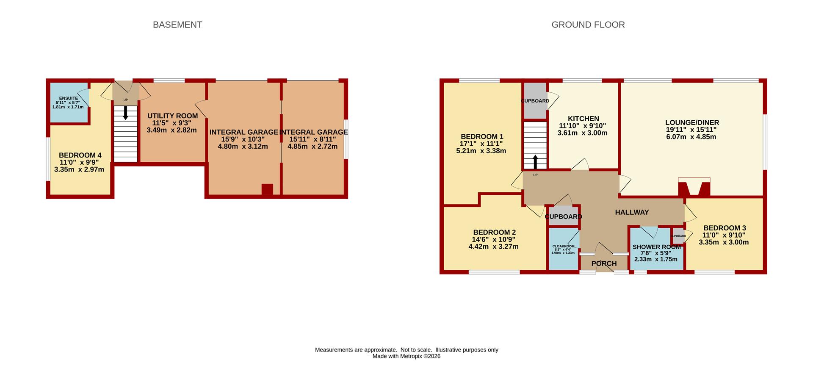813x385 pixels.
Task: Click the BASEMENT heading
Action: (x=177, y=25)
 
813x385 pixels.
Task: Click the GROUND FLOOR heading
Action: (x=588, y=25)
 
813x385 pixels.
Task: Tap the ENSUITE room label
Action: (x=69, y=98)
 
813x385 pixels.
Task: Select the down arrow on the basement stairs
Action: (x=125, y=112)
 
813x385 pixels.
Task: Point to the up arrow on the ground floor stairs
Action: (x=535, y=162)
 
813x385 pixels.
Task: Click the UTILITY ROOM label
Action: (x=172, y=116)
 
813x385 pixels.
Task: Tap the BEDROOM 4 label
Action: (x=80, y=155)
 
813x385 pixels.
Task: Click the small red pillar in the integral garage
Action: (x=267, y=189)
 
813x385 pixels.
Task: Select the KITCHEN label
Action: (x=583, y=119)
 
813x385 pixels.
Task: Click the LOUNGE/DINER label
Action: (x=692, y=123)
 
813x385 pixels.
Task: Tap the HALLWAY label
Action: (x=632, y=212)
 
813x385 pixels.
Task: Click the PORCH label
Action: (x=604, y=263)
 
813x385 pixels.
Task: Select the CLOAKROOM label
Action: (x=563, y=246)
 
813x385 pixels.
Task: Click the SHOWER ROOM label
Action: (x=656, y=247)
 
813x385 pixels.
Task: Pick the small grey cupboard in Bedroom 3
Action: (x=678, y=236)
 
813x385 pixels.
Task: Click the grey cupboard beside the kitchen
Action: (x=535, y=101)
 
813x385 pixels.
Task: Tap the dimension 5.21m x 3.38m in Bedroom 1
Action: (x=481, y=151)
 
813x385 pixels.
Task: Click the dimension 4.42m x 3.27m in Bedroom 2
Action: (x=493, y=247)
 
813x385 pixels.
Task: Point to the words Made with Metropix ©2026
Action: (x=406, y=356)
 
